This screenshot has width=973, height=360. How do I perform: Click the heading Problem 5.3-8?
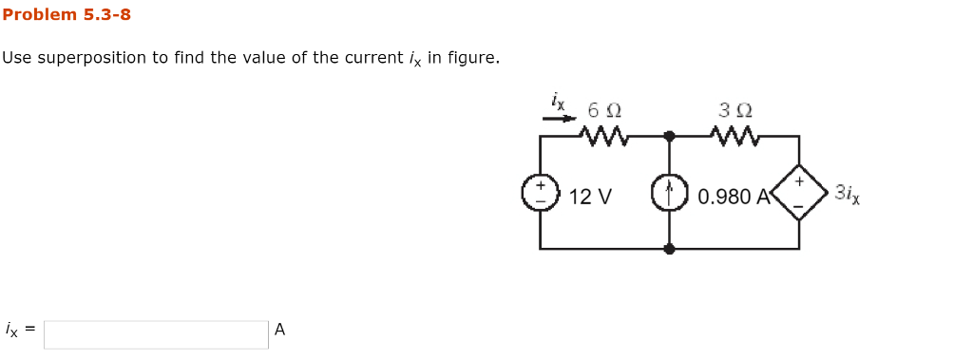point(67,14)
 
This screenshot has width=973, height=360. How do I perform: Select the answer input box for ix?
point(156,333)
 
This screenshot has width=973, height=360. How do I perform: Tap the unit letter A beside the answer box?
point(279,331)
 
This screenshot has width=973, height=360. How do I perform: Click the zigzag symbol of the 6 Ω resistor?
point(603,138)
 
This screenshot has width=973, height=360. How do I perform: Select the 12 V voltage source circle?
point(540,195)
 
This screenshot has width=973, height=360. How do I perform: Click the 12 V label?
point(591,197)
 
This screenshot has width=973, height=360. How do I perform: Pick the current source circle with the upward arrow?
point(669,194)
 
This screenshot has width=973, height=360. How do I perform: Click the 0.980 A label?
point(734,197)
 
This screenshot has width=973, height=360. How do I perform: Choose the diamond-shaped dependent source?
point(798,193)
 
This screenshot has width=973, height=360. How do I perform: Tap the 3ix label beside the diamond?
point(847,194)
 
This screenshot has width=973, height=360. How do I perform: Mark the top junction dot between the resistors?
point(669,136)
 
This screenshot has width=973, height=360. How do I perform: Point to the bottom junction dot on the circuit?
point(669,249)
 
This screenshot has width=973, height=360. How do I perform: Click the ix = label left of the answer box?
point(20,331)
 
